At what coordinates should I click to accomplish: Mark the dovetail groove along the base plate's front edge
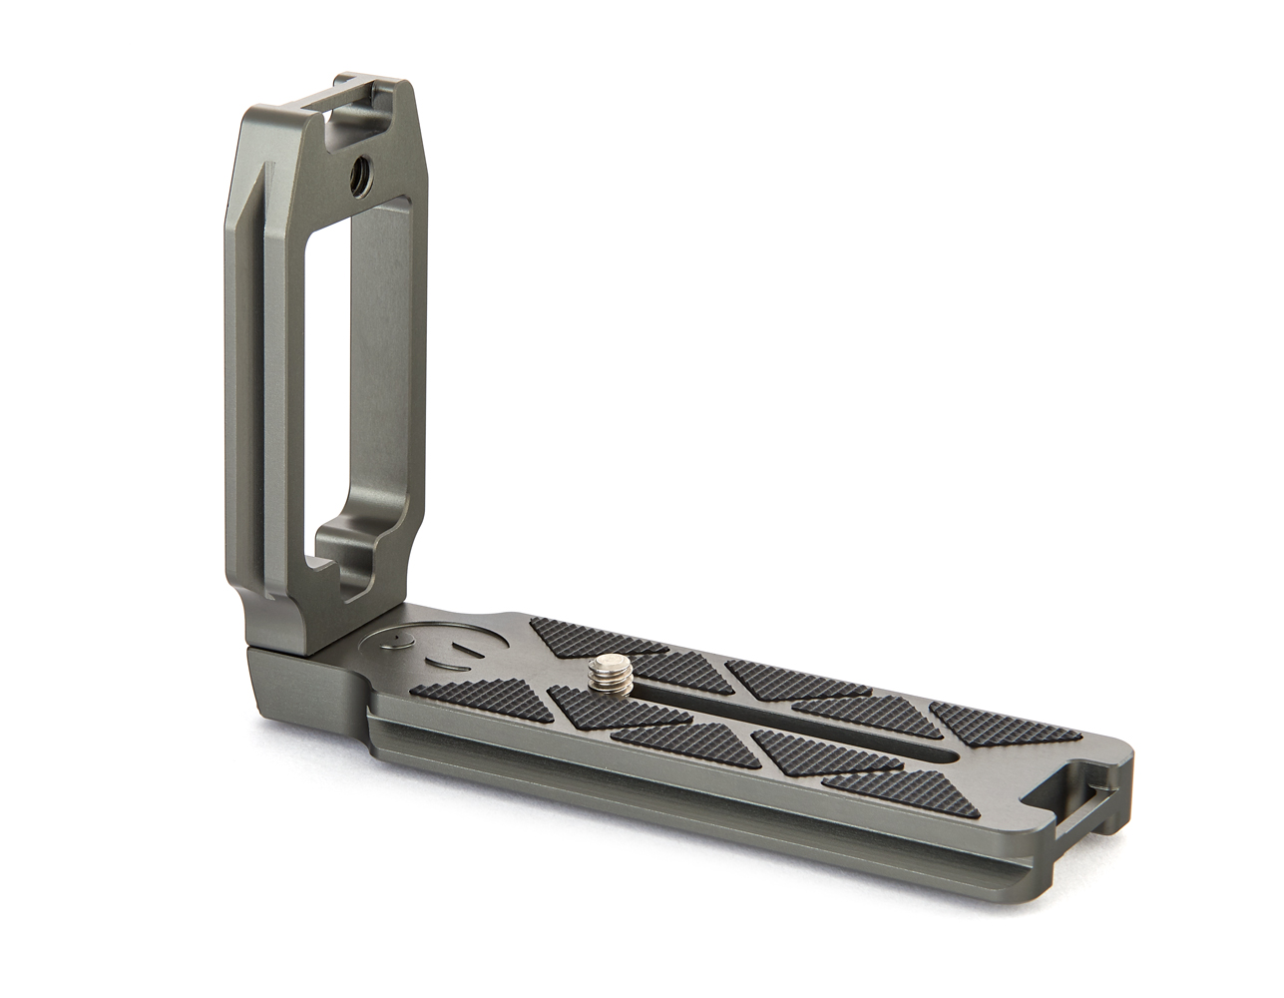(x=698, y=798)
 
